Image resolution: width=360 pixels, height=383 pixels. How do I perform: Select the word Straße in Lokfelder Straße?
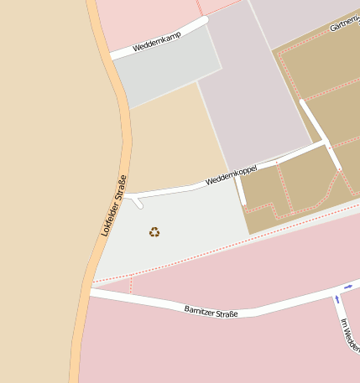(x=121, y=185)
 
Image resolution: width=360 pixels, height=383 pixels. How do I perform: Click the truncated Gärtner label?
(x=345, y=25)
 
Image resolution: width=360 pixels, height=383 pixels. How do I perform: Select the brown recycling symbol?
(x=154, y=232)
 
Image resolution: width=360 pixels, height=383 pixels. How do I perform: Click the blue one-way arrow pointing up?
(x=337, y=298)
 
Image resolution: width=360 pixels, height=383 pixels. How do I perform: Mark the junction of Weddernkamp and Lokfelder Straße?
(x=113, y=56)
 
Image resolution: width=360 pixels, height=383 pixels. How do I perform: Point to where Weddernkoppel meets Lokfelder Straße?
(x=126, y=196)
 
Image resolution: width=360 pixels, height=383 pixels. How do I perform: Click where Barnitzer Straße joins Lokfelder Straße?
(x=90, y=292)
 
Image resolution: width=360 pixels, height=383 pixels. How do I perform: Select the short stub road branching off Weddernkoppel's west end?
(x=138, y=202)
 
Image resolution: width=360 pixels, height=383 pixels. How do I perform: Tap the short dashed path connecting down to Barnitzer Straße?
(x=132, y=285)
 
